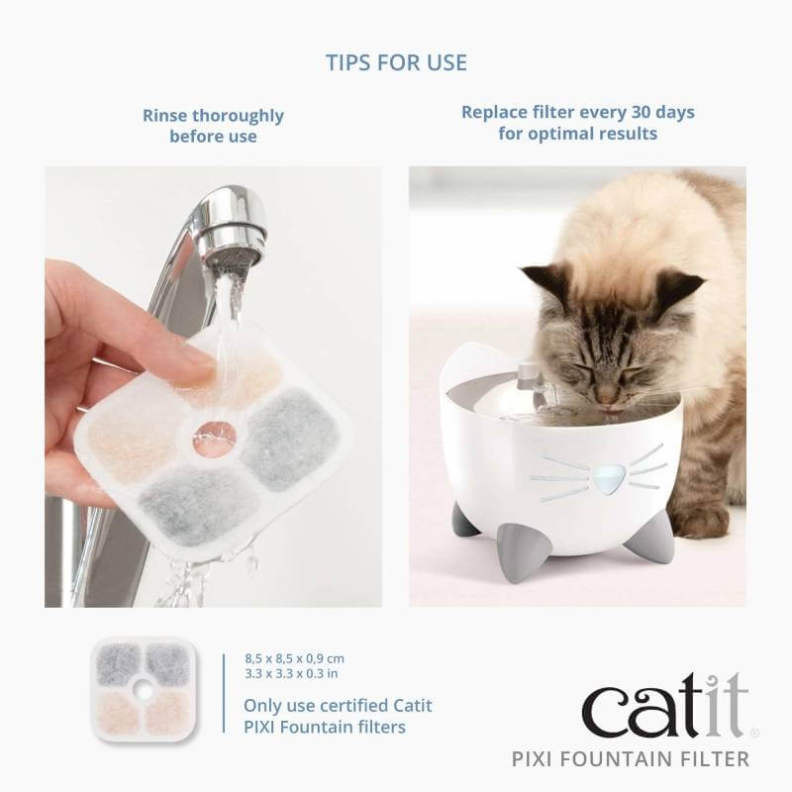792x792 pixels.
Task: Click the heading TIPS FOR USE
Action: pyautogui.click(x=396, y=62)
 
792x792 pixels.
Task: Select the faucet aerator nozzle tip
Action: pyautogui.click(x=234, y=259)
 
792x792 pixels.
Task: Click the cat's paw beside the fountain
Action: pyautogui.click(x=702, y=520)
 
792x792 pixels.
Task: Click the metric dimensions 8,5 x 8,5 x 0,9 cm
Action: pyautogui.click(x=294, y=657)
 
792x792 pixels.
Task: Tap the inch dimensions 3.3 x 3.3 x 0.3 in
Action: pyautogui.click(x=291, y=673)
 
